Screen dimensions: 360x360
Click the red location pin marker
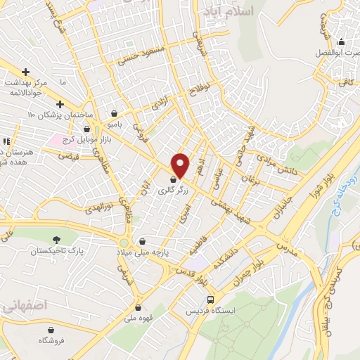coord(181,166)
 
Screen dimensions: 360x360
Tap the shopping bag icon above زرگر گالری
coord(173,181)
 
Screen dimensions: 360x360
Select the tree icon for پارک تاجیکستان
coord(56,239)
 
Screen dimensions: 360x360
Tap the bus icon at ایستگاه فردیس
coord(217,299)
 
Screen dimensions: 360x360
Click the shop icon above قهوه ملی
coord(138,307)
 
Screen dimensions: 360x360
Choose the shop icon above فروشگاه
coord(51,329)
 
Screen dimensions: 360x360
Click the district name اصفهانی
coord(24,307)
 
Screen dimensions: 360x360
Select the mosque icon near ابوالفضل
coord(341,41)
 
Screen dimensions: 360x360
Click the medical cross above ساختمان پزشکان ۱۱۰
coord(60,105)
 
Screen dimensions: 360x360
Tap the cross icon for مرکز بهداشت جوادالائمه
coord(26,72)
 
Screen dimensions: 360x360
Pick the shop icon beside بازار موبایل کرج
coord(87,129)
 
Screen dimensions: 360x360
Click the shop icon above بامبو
coord(115,113)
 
